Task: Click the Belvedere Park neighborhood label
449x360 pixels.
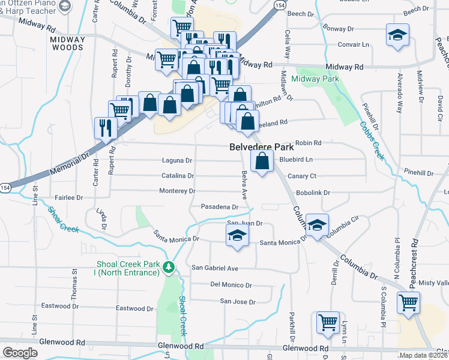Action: [261, 147]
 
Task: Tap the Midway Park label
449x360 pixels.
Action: [315, 79]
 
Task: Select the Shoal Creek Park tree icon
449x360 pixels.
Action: [170, 266]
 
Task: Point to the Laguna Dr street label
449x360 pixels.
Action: [177, 161]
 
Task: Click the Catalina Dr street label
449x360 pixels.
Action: [178, 176]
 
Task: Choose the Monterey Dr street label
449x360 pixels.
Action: [177, 191]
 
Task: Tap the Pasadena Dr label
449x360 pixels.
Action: [220, 206]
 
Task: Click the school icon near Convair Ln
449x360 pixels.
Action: [397, 35]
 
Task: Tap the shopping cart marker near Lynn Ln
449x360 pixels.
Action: [328, 322]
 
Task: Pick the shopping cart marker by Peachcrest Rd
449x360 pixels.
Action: [409, 304]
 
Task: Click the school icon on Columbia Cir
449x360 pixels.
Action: [317, 224]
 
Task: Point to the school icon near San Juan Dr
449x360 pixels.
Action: [237, 234]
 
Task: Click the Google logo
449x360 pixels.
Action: [20, 353]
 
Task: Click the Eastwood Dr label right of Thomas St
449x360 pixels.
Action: [135, 308]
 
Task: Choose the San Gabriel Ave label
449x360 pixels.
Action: [215, 268]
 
